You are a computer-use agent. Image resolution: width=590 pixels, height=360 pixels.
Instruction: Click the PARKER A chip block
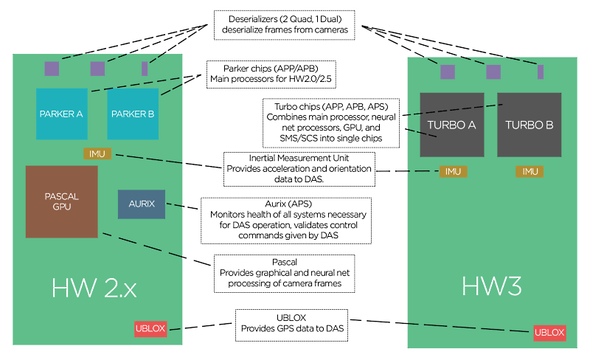(x=63, y=114)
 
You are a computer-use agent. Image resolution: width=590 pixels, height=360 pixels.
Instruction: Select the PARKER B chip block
(x=133, y=114)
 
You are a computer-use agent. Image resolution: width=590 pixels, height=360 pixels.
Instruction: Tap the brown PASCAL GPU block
(x=61, y=201)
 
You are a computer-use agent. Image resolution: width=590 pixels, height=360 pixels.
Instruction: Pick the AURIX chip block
(x=142, y=204)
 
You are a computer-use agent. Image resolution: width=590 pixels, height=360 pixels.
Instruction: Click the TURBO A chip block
(x=451, y=125)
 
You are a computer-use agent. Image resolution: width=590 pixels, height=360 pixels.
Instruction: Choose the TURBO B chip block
(x=529, y=125)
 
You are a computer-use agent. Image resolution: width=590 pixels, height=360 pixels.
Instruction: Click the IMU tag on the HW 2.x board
(x=97, y=153)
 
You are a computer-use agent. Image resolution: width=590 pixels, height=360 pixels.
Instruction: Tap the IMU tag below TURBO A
(x=452, y=171)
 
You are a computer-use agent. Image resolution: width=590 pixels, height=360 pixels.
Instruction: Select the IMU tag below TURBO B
(x=530, y=171)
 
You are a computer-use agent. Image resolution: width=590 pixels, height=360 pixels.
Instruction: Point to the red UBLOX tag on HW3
(x=549, y=333)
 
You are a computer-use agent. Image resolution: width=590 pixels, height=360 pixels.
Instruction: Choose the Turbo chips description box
(x=332, y=123)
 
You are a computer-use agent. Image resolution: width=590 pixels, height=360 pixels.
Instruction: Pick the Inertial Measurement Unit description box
(x=299, y=169)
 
